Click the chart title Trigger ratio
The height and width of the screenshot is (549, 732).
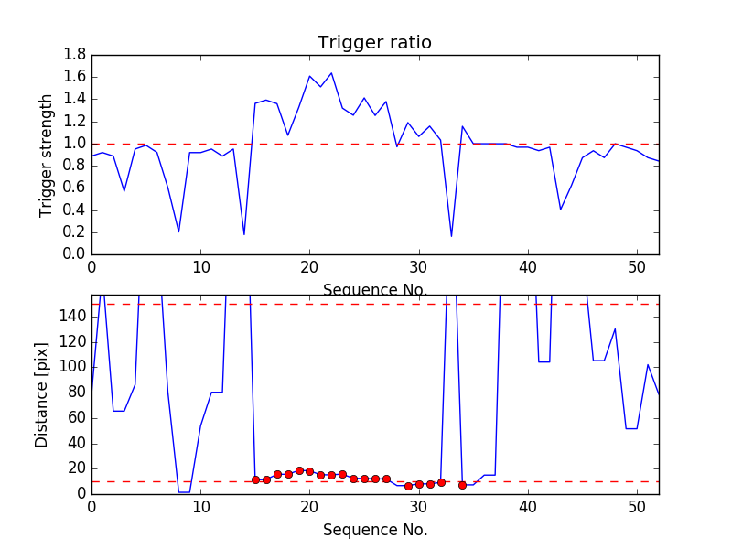click(374, 43)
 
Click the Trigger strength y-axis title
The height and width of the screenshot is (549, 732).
click(47, 155)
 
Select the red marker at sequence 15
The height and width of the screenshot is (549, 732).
click(255, 479)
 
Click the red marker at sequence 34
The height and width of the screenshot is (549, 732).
click(462, 485)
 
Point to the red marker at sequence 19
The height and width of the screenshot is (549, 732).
click(299, 470)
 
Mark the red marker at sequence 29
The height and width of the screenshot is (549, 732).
click(408, 486)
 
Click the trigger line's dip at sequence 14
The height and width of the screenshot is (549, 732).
click(244, 234)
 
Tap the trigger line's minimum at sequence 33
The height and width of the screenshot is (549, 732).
click(451, 236)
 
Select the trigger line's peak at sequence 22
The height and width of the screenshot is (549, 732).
click(331, 73)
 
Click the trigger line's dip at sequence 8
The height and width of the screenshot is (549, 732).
click(178, 231)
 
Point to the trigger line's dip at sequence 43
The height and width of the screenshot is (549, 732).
click(561, 210)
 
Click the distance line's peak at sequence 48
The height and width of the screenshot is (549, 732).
click(615, 329)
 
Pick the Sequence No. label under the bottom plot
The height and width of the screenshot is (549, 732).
click(374, 530)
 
